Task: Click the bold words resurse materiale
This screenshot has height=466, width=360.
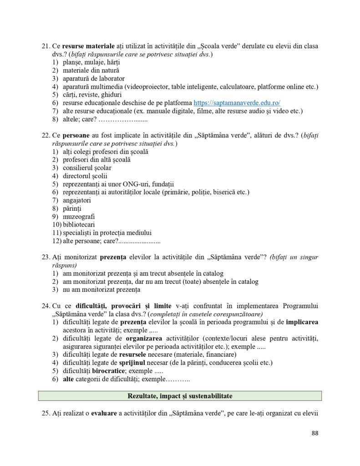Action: (83, 46)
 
